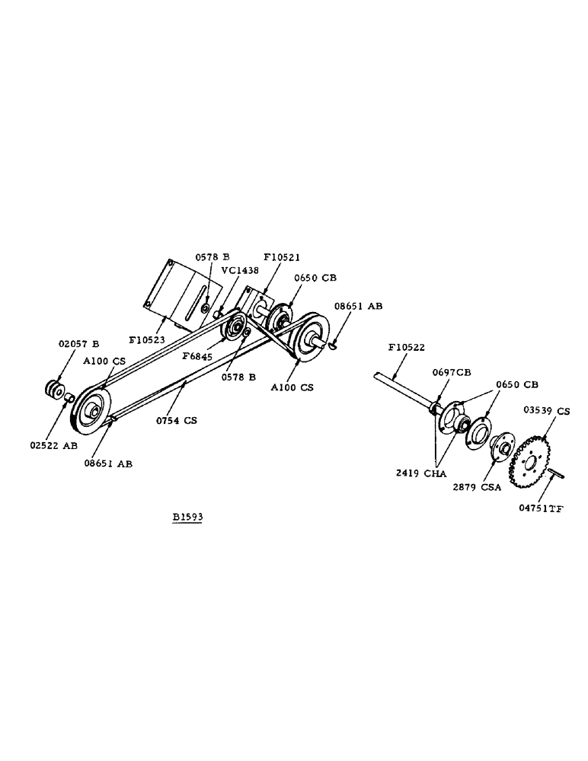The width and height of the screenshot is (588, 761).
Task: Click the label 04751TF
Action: [544, 509]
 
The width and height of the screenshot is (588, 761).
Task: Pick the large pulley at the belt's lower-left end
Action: [91, 412]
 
